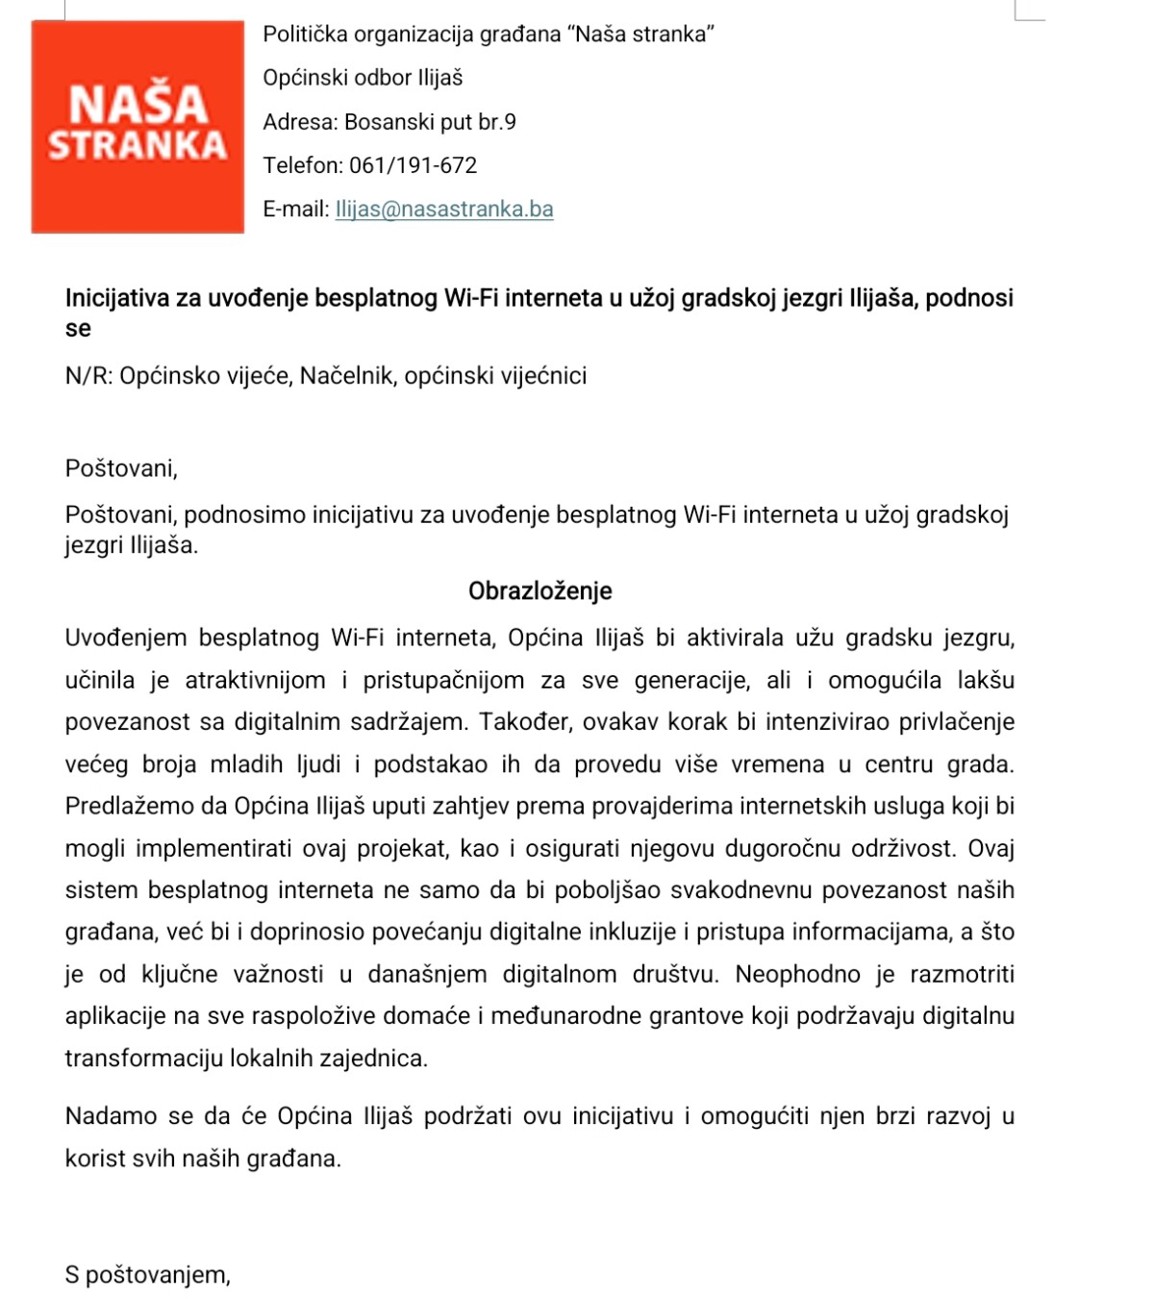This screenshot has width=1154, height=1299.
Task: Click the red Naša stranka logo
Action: tap(138, 126)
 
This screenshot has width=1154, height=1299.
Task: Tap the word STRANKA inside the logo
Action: tap(138, 146)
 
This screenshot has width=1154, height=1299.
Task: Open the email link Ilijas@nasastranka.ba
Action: tap(443, 210)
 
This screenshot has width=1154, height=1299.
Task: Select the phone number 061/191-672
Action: tap(413, 165)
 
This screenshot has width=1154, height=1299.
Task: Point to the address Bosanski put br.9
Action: tap(430, 122)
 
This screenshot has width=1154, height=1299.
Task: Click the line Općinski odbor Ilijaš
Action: tap(363, 78)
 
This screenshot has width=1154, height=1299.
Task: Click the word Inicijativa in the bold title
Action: tap(119, 298)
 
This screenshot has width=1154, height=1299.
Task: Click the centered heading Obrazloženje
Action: tap(539, 591)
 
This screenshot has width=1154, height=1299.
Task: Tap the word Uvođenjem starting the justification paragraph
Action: tap(126, 637)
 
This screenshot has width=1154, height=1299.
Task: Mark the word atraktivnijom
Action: tap(255, 681)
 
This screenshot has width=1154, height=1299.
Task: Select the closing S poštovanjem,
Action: tap(148, 1275)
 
